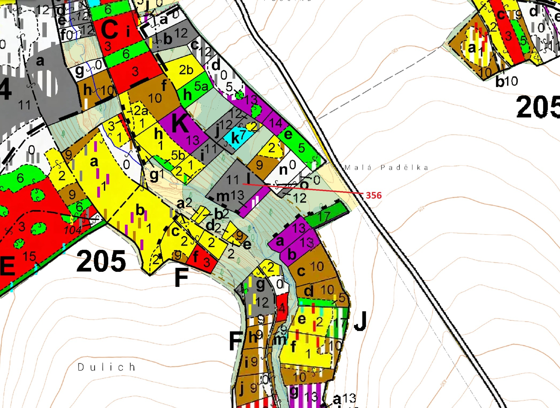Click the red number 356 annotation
click(x=374, y=195)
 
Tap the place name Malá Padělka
click(x=386, y=168)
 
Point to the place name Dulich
click(x=106, y=367)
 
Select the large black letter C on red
click(x=109, y=29)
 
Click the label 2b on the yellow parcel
click(x=186, y=70)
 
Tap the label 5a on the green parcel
click(x=201, y=86)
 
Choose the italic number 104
click(x=72, y=230)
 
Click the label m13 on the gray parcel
click(x=230, y=196)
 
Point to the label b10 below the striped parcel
click(x=506, y=81)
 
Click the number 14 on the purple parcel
click(x=275, y=123)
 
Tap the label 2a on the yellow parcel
click(x=141, y=110)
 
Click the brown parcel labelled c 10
click(x=312, y=269)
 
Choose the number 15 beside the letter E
click(x=29, y=256)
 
